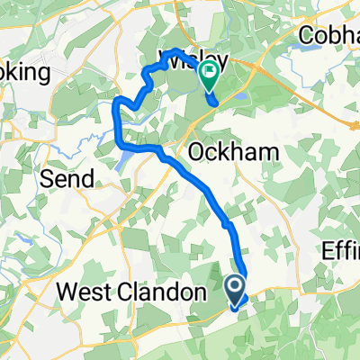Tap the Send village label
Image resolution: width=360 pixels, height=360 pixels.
(67, 178)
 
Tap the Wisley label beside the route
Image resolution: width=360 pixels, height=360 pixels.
(193, 60)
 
